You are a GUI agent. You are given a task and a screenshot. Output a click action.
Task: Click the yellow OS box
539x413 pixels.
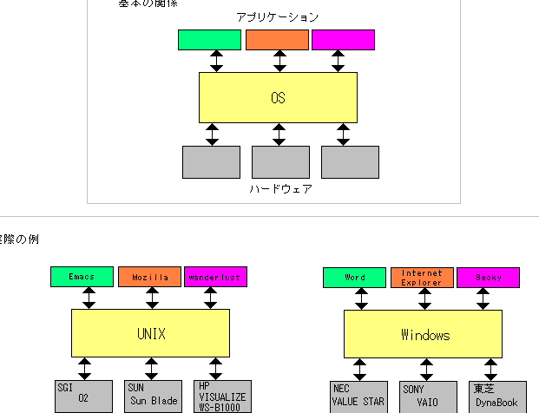[x=278, y=97]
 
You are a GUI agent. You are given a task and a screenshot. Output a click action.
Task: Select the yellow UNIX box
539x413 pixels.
[x=150, y=333]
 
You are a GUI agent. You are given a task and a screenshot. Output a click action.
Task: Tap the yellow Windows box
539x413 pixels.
[x=424, y=334]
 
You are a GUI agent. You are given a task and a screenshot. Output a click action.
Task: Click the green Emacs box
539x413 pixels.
[x=82, y=277]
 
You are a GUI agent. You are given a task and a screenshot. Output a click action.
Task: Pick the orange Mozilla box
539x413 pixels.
[x=150, y=277]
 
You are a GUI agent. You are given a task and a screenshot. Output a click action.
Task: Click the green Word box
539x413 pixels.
[x=354, y=277]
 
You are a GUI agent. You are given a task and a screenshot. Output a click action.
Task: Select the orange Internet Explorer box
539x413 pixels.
[x=422, y=277]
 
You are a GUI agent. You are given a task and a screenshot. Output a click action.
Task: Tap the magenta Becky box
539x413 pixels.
[x=488, y=277]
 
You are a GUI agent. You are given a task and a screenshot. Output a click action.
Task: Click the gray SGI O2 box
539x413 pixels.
[x=84, y=396]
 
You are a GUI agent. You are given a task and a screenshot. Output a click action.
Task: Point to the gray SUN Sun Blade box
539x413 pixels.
[x=152, y=396]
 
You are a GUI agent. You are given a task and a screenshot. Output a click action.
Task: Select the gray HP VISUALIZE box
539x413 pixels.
[x=221, y=396]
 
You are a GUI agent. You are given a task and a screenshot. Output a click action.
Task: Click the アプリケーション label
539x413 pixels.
[x=277, y=17]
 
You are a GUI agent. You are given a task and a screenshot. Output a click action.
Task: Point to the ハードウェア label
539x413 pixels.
[x=280, y=188]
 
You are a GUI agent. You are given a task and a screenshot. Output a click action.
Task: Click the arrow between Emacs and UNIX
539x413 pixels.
[x=88, y=298]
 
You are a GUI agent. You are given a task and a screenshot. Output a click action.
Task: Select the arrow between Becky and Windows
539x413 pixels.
[x=483, y=298]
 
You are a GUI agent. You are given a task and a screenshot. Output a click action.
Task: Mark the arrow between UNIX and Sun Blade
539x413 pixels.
[x=153, y=368]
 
